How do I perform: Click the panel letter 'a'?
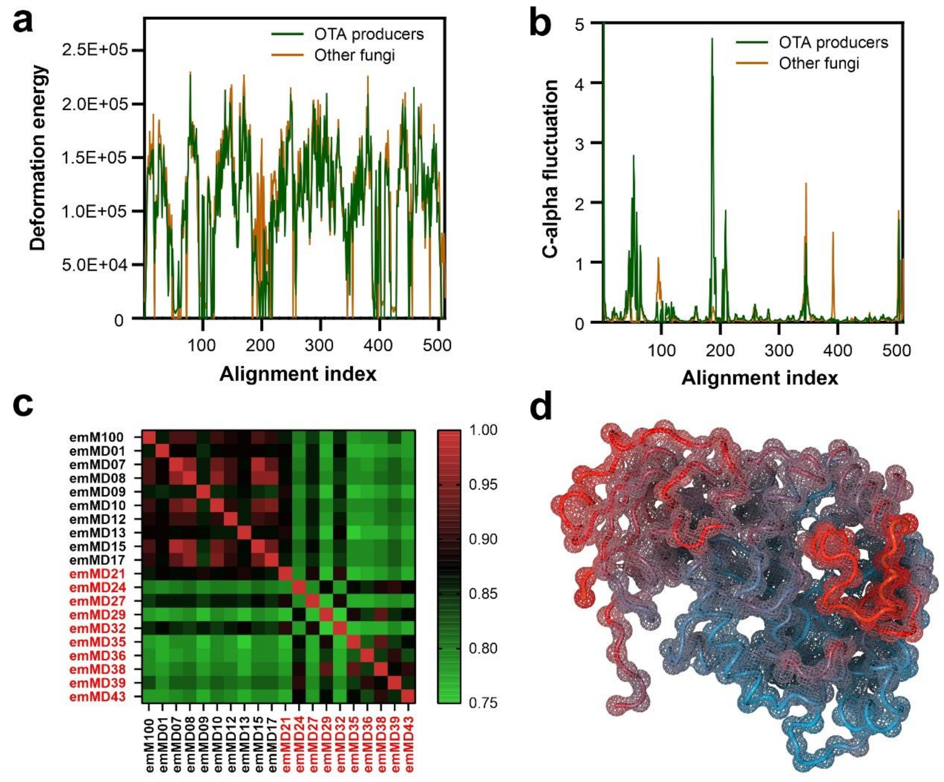pyautogui.click(x=23, y=23)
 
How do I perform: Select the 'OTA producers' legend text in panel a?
pyautogui.click(x=369, y=34)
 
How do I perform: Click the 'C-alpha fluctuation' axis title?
pyautogui.click(x=550, y=169)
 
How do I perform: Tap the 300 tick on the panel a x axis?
pyautogui.click(x=320, y=345)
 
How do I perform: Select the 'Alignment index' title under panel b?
pyautogui.click(x=760, y=378)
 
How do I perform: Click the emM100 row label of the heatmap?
pyautogui.click(x=96, y=437)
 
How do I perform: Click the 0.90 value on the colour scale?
pyautogui.click(x=483, y=539)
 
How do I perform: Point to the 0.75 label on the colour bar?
pyautogui.click(x=483, y=703)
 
